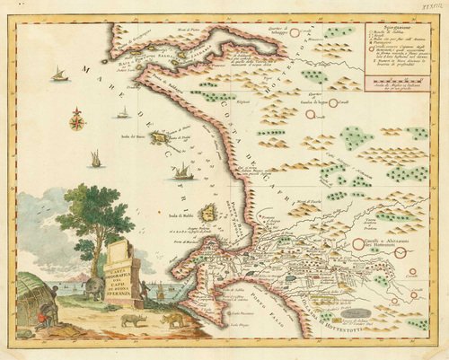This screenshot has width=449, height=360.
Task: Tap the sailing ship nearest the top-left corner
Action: pyautogui.click(x=60, y=75)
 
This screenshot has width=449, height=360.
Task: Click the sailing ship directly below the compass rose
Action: pyautogui.click(x=95, y=160)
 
